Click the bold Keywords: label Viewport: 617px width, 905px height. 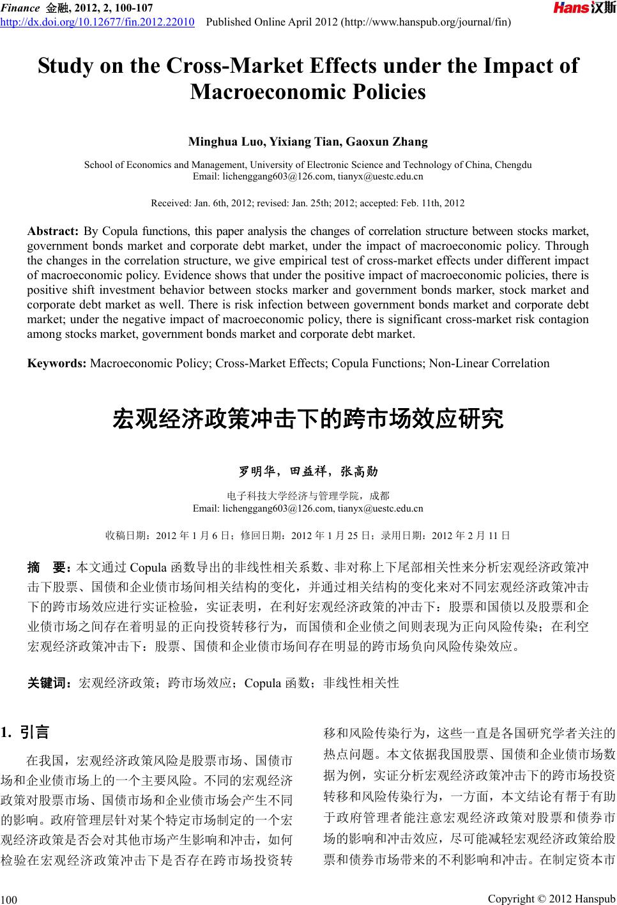point(57,363)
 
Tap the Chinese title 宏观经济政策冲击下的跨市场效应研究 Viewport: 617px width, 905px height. point(308,420)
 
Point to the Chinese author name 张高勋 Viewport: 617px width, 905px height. point(359,472)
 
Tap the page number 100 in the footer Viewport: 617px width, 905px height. point(8,899)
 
